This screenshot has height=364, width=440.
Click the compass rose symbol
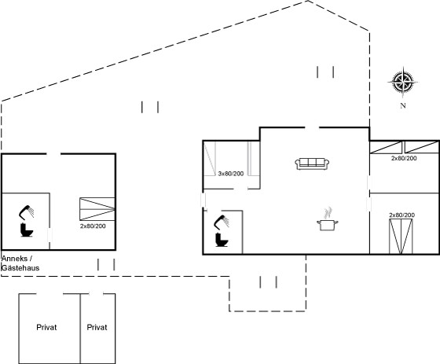click(402, 82)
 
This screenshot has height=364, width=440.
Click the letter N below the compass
click(403, 105)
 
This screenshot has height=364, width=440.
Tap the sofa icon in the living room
click(312, 164)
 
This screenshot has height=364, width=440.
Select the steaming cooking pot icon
click(327, 219)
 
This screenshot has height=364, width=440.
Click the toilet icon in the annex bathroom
click(27, 230)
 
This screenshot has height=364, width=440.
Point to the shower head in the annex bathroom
click(27, 211)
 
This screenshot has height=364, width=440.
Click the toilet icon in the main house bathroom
click(222, 240)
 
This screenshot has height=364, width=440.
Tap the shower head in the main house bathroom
click(222, 222)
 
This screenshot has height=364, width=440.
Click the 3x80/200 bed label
click(231, 174)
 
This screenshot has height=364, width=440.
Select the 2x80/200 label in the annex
click(93, 226)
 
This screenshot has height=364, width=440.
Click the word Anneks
click(15, 259)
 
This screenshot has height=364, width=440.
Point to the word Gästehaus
click(20, 267)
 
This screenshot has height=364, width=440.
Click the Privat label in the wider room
click(46, 327)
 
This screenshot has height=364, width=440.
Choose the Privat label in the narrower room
click(97, 327)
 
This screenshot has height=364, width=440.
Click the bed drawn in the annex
click(97, 209)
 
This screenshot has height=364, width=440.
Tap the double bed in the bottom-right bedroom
click(401, 237)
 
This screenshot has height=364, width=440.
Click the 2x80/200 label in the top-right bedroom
click(404, 158)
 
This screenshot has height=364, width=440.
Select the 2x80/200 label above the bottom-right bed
click(401, 215)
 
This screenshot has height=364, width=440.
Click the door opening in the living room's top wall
click(312, 128)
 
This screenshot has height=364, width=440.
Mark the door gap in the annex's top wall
click(53, 153)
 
